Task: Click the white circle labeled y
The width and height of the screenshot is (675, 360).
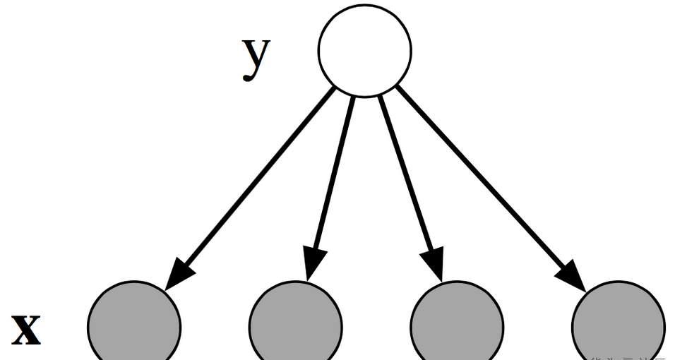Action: tap(364, 50)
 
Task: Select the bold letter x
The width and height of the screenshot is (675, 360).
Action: tap(26, 329)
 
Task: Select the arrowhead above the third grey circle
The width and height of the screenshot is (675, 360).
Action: tap(433, 263)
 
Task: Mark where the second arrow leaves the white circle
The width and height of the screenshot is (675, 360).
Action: tap(353, 97)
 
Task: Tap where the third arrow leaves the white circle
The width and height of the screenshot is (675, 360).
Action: tap(380, 97)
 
